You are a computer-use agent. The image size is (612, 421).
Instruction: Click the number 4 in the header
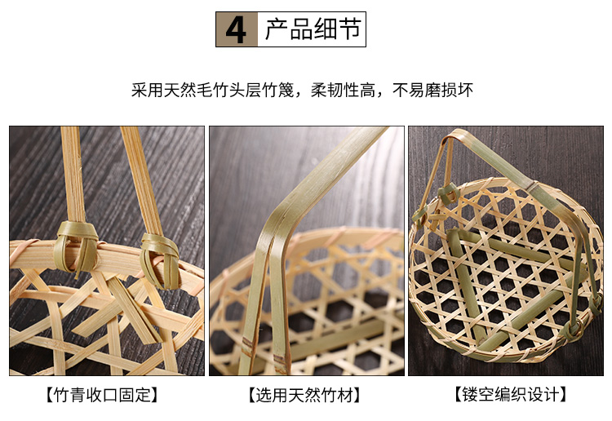coord(236,30)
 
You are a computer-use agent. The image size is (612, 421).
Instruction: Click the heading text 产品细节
coord(313,29)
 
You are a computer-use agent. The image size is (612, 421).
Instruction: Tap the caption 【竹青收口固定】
coord(101,395)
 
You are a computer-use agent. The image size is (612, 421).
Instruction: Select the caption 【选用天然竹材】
coord(304,395)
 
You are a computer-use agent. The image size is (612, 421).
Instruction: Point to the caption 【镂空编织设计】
coord(511,395)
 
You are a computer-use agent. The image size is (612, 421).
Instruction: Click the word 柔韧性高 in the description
coord(343,90)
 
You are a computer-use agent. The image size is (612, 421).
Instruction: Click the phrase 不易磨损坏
coord(432,90)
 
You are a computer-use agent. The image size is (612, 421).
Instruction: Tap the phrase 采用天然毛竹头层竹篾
coord(212,90)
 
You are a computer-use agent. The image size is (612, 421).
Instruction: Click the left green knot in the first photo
coord(77,247)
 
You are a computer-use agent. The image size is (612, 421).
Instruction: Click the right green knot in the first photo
coord(161,260)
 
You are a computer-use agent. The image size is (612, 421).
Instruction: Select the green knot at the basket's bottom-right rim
coord(572,329)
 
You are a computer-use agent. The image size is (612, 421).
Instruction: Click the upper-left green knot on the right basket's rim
coord(448,193)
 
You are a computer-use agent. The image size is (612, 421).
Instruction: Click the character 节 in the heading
coord(348,29)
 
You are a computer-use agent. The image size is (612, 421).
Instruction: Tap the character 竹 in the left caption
coord(61,395)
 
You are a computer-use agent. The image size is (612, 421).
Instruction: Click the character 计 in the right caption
coord(551,395)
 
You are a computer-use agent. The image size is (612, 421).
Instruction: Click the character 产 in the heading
coord(277,29)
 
